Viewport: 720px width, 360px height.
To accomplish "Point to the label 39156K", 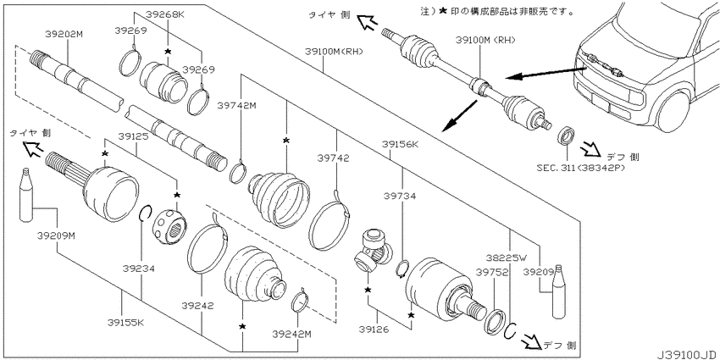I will click(x=402, y=145).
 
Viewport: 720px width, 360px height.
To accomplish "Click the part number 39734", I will click(x=400, y=197).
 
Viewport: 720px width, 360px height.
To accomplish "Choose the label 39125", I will click(x=135, y=136).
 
